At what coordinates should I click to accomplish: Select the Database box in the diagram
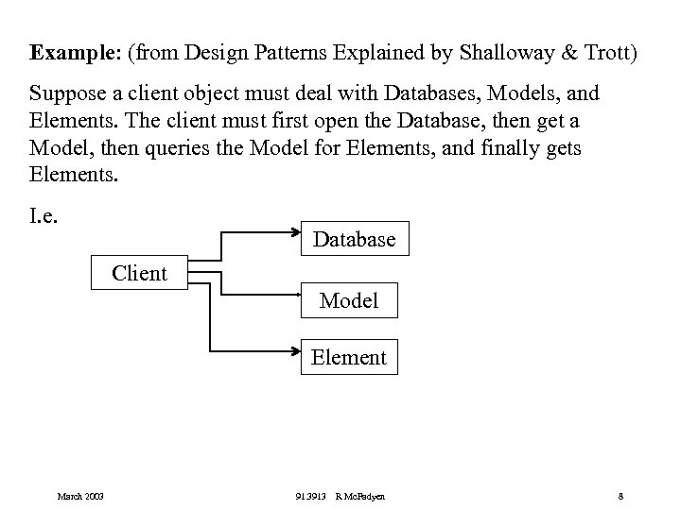point(355,240)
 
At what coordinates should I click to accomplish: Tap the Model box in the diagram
point(349,300)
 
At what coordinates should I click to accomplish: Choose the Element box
point(349,357)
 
